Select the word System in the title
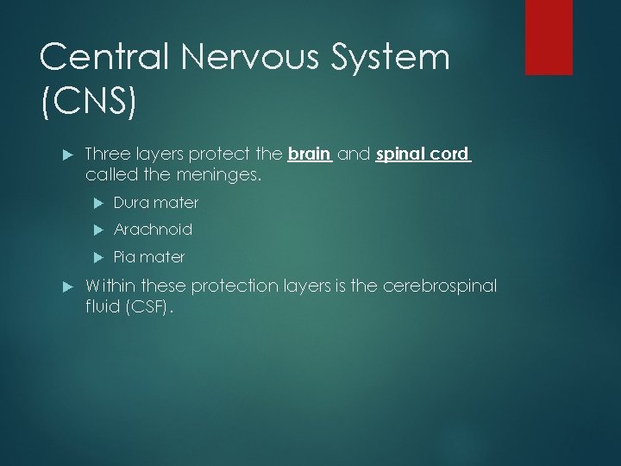tap(393, 59)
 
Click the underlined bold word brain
tap(309, 155)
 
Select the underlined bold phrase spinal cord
tap(423, 155)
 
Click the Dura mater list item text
tap(155, 203)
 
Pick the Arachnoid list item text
tap(153, 230)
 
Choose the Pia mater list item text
tap(148, 257)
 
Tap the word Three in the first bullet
tap(107, 155)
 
